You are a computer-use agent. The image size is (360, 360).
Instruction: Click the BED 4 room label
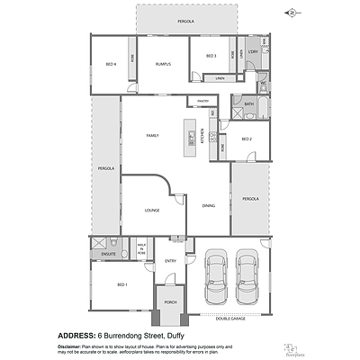111,64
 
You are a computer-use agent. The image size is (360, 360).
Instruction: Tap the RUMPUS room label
163,64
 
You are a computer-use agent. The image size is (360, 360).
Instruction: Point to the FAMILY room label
153,135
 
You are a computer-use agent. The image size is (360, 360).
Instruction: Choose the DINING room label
208,206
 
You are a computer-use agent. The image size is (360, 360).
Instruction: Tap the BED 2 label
247,139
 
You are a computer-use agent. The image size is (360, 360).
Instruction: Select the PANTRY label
203,101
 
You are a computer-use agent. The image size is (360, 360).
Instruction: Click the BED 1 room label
121,285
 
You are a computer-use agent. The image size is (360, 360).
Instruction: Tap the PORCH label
169,302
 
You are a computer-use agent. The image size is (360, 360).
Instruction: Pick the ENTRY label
170,261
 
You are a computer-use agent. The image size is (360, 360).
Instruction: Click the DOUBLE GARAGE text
231,317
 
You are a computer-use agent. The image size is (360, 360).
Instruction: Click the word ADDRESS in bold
76,335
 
